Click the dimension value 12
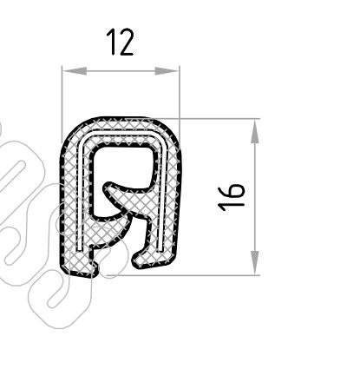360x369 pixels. pos(120,42)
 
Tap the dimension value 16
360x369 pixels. pos(231,197)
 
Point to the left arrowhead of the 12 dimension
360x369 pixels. pos(75,71)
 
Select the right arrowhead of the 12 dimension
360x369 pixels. pos(167,71)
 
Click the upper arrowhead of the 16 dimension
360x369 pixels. pos(255,132)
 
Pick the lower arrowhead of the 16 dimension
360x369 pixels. pos(255,262)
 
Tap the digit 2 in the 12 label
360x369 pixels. pos(127,42)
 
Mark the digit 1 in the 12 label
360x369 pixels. pos(112,42)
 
